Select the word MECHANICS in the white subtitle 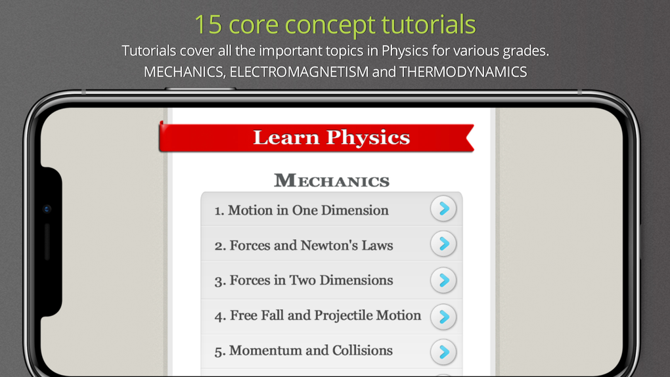point(183,72)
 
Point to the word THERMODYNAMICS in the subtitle point(462,72)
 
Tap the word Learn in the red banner point(286,137)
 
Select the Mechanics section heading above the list point(332,181)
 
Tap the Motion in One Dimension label point(301,210)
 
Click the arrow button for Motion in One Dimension point(443,209)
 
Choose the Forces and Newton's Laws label point(304,246)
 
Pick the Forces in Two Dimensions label point(304,280)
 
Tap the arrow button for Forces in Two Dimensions point(443,280)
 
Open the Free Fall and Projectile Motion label point(318,315)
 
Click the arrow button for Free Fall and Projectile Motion point(443,317)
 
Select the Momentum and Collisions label point(303,351)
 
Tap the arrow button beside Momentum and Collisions point(443,351)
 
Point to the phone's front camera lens point(47,210)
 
